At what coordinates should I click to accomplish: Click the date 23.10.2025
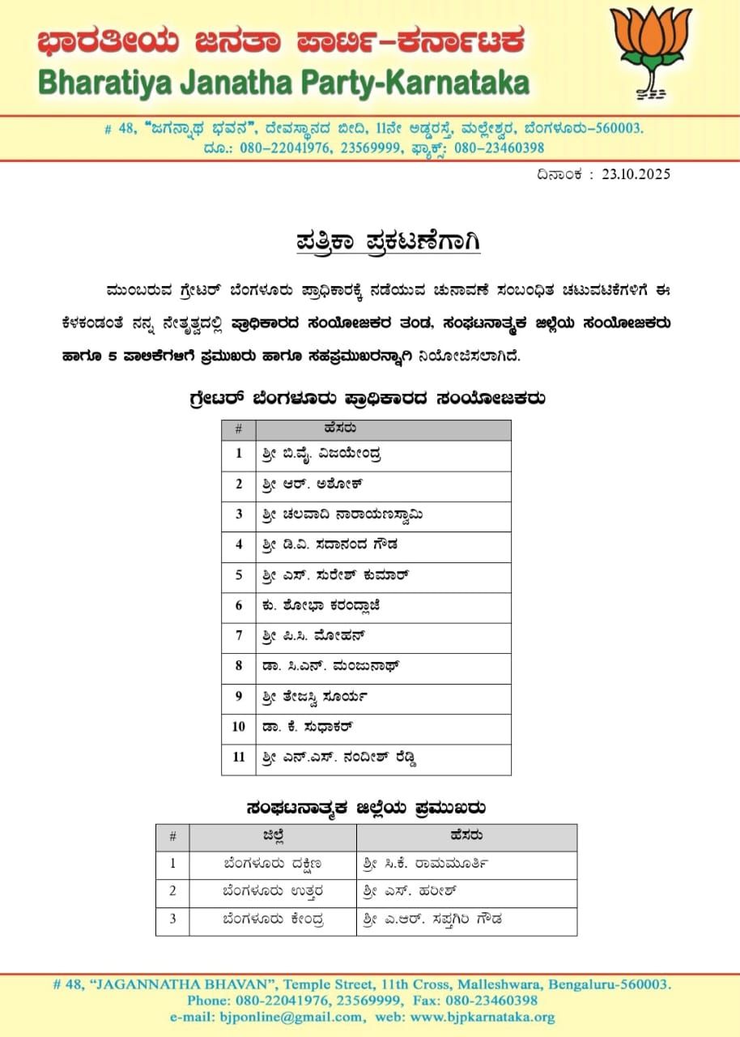(x=636, y=174)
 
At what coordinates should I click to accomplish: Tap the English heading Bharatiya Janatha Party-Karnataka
(x=283, y=83)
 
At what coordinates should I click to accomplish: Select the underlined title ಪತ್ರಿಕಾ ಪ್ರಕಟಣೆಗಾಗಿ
(x=385, y=242)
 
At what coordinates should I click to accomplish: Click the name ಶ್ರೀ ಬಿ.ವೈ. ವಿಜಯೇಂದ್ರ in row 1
(x=322, y=454)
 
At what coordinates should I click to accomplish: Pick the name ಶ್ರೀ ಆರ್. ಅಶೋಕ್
(x=312, y=484)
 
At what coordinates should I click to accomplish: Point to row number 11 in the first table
(x=239, y=758)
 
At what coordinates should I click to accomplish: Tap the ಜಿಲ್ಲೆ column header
(x=273, y=836)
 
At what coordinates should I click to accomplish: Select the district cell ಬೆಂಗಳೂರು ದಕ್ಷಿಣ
(x=273, y=864)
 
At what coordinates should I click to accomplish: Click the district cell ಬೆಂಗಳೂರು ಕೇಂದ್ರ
(x=274, y=920)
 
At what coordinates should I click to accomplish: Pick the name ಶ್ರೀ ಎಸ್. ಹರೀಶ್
(x=411, y=893)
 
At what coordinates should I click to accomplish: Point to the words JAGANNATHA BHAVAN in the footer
(x=156, y=985)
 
